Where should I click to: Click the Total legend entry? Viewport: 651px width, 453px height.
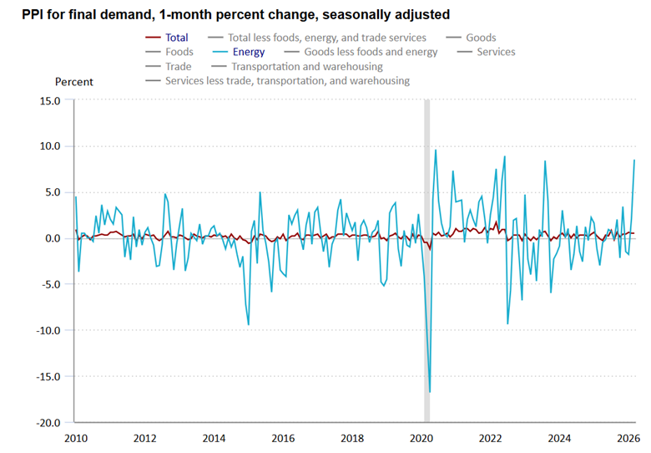[176, 38]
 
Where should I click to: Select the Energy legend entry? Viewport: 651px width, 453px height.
[248, 52]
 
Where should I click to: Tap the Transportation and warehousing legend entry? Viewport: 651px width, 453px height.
[306, 66]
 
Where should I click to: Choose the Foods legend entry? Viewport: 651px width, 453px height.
[179, 52]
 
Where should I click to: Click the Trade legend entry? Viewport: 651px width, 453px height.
[178, 66]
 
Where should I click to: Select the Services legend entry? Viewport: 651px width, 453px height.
[496, 52]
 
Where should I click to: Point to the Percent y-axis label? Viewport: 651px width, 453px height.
[74, 82]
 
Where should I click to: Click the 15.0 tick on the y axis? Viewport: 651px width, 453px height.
[49, 100]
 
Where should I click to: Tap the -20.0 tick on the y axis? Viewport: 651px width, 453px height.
[48, 423]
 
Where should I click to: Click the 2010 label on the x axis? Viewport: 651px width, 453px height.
[75, 438]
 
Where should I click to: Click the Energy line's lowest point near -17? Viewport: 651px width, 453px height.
[430, 392]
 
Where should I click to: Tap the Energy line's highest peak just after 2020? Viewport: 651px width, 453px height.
[436, 150]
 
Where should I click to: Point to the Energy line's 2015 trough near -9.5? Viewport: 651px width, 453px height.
[248, 325]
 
